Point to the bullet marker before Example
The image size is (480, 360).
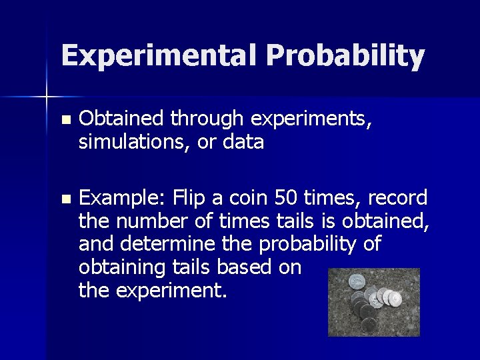click(64, 199)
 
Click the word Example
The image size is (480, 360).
click(122, 198)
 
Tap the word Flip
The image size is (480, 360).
click(191, 197)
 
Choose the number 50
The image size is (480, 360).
click(286, 197)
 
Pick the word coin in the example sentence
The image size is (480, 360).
click(249, 197)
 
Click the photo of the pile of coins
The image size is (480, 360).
click(374, 302)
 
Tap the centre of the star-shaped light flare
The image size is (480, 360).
click(47, 97)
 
